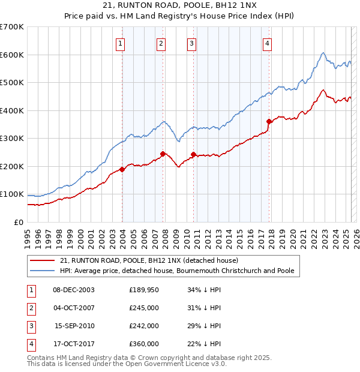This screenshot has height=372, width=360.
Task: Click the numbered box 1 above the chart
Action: click(121, 43)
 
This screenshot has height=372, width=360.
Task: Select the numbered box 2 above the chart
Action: click(161, 43)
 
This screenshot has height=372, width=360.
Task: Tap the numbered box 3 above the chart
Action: click(191, 43)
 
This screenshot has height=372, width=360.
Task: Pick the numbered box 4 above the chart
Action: click(266, 43)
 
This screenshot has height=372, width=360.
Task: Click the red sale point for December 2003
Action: click(122, 169)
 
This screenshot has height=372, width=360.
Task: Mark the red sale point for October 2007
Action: click(163, 154)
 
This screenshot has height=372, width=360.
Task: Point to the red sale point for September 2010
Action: click(193, 154)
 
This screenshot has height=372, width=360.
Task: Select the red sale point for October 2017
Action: click(269, 122)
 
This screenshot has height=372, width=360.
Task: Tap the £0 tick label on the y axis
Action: click(19, 223)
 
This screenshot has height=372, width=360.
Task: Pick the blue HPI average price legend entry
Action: click(177, 271)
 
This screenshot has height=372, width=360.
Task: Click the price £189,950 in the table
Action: click(143, 290)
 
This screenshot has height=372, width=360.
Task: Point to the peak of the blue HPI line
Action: click(323, 53)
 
